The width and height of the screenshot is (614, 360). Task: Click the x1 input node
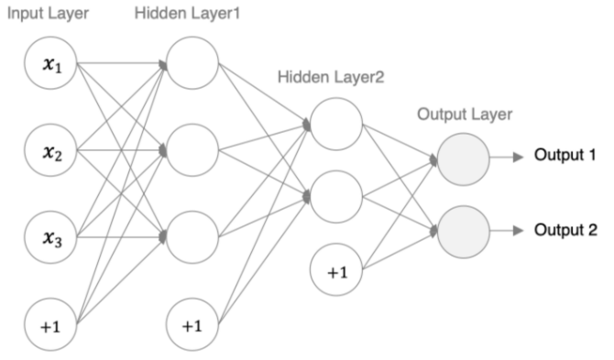[51, 63]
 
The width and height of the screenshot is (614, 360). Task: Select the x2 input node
[51, 150]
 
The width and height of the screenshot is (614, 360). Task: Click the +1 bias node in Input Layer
[51, 323]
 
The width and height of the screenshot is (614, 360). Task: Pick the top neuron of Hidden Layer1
[192, 63]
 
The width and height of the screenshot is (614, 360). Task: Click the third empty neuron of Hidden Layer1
[192, 236]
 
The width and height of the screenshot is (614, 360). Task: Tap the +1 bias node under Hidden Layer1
[192, 323]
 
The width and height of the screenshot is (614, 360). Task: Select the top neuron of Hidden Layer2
[336, 123]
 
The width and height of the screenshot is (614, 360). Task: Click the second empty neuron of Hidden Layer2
[336, 195]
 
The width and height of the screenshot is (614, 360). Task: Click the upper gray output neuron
[464, 158]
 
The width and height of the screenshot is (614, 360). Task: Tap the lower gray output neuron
[464, 229]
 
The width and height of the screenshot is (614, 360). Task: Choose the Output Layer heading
[465, 115]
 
